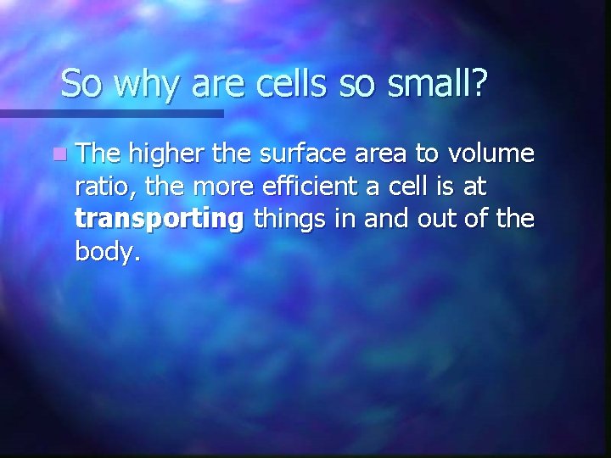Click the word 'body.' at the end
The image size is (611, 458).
click(104, 253)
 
